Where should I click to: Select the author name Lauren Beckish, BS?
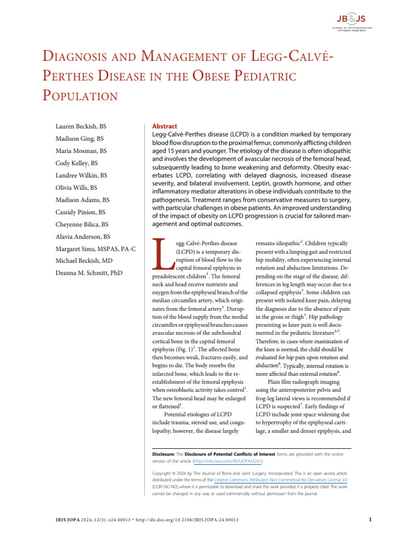(81, 126)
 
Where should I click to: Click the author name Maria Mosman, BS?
(81, 151)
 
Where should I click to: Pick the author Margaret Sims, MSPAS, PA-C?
(95, 249)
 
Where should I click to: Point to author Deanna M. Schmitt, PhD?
(89, 273)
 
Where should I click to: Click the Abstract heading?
(164, 126)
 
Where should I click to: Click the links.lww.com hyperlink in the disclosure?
(228, 461)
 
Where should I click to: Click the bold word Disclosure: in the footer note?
(164, 454)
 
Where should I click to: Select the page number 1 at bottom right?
(369, 519)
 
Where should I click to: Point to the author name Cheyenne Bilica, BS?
(82, 224)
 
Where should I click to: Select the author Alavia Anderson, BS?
(83, 236)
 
